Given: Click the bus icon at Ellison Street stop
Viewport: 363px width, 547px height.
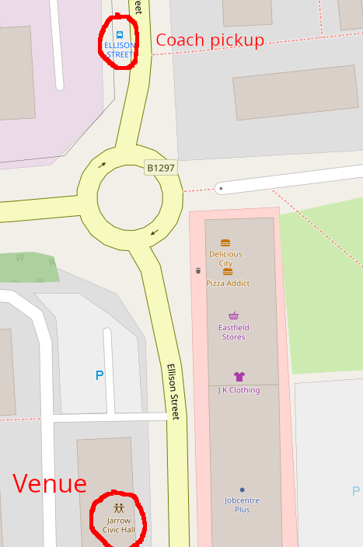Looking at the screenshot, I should [x=120, y=35].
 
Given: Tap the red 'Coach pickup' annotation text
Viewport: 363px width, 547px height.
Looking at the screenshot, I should [x=210, y=40].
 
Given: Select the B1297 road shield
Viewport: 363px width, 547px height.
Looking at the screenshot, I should [x=161, y=168].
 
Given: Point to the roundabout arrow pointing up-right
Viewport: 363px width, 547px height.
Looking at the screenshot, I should [x=102, y=164].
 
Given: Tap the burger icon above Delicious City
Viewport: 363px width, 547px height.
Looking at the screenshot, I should [x=225, y=243].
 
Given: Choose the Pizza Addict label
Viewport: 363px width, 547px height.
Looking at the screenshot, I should [x=228, y=284].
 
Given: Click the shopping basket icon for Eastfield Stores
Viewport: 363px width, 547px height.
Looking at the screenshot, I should [x=233, y=315].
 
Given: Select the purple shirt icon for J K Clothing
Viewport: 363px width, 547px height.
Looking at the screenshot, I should [x=239, y=377].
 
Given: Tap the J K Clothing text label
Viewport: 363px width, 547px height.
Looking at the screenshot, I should [x=239, y=390].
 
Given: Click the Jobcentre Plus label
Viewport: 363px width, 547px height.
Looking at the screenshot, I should [x=242, y=505].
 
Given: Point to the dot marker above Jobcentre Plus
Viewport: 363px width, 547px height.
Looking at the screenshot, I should [x=242, y=490].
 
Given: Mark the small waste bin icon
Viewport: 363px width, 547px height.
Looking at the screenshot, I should [x=198, y=270].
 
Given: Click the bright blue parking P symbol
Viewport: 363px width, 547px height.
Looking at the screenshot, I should [x=99, y=376].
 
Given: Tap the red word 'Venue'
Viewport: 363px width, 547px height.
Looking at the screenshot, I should [x=50, y=484].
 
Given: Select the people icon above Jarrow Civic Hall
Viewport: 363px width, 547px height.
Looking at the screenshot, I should [x=118, y=508].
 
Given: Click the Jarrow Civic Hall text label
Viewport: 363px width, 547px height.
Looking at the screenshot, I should [x=119, y=524].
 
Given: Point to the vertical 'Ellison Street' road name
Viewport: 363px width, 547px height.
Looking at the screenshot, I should [x=174, y=392].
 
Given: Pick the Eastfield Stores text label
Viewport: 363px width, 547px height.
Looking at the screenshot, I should [x=233, y=333].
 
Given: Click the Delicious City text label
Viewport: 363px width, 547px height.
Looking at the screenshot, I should [x=225, y=259].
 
